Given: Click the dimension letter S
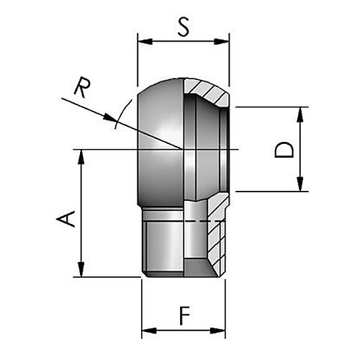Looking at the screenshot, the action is coord(184,27).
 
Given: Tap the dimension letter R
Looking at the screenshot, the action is coord(82,87).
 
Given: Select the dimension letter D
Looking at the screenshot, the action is coord(284,150).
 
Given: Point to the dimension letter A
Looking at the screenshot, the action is coord(66,219).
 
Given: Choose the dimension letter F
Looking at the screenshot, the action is coord(184,315).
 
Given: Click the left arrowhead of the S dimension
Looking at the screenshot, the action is coord(145,41).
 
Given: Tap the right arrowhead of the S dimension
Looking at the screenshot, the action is coord(222,41).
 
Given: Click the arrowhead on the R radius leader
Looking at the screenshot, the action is coord(110,117).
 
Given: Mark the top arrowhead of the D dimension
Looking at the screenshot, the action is coord(300,114).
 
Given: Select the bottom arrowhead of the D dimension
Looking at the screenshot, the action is coord(300,184).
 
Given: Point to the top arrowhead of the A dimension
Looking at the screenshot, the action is coord(81,157).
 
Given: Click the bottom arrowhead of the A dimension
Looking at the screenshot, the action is coord(81,269).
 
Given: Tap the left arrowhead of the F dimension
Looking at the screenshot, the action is coord(149,330).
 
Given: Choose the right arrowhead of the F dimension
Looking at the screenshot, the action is coord(217,330).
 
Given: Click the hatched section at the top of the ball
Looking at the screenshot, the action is coord(207,91).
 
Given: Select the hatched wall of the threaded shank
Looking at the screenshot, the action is coord(217,236).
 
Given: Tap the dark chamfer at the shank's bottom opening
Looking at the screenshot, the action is coord(199,268).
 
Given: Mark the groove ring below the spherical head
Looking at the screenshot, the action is coord(163,214).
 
